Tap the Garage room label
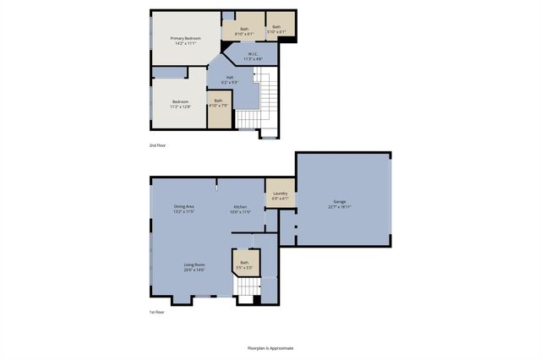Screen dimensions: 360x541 (339, 202)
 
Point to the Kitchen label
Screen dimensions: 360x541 (241, 207)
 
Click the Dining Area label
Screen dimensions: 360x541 (184, 207)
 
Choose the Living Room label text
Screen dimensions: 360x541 (194, 265)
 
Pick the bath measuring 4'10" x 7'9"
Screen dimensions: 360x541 (218, 101)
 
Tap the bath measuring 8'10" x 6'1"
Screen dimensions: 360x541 (244, 30)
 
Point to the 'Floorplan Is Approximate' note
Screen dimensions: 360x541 (270, 347)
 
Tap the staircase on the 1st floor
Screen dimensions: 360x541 (246, 290)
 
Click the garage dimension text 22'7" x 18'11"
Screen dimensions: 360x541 (339, 206)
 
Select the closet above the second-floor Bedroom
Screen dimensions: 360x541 (172, 73)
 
